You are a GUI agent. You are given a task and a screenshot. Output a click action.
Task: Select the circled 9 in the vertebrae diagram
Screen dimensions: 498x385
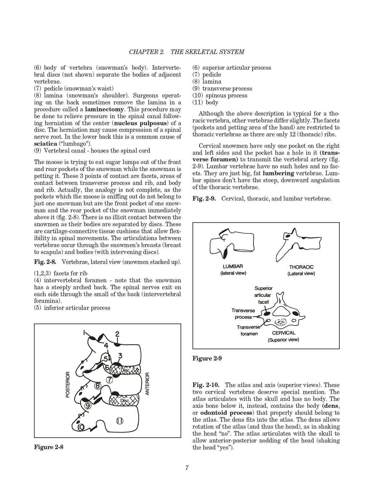(88, 406)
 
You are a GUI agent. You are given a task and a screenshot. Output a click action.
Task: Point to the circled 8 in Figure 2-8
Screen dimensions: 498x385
(97, 386)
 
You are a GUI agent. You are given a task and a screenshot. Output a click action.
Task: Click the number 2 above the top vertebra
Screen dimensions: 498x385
(117, 334)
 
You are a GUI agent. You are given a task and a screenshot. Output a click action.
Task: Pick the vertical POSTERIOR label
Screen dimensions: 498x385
(68, 384)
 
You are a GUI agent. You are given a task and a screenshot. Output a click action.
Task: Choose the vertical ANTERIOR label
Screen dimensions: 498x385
(147, 384)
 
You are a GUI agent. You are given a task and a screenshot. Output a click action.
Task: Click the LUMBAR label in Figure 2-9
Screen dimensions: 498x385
(233, 266)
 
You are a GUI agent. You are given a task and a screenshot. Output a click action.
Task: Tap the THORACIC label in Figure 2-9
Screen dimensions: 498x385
(301, 267)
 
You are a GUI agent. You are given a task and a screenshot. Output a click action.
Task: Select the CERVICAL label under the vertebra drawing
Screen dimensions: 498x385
(284, 333)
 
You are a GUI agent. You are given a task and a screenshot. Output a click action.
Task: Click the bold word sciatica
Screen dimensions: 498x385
(46, 144)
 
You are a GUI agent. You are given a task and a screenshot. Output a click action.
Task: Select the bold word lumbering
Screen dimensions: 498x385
(278, 173)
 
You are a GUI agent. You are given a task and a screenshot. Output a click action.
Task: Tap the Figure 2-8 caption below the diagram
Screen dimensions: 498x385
(49, 447)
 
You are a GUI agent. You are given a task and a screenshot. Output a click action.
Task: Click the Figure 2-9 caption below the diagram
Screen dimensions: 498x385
(207, 358)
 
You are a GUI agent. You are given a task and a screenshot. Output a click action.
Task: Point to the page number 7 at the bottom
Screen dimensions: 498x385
(187, 468)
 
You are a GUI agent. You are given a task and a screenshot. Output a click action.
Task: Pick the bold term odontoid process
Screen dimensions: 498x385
(226, 413)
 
